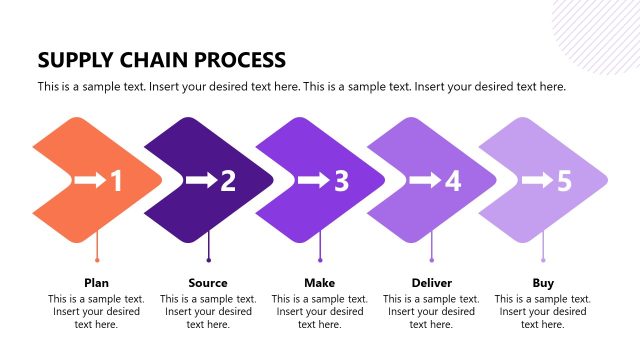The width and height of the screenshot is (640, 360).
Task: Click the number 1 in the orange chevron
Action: pos(116,181)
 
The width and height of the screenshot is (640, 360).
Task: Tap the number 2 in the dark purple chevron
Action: pos(228,181)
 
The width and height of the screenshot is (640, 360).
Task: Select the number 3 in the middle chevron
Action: pos(341,181)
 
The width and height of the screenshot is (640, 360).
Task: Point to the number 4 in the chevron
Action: pos(452,181)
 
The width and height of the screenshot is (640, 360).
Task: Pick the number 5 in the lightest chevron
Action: pos(564,181)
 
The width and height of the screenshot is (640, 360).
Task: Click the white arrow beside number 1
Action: pos(89,181)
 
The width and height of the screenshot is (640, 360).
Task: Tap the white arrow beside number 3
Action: pos(314,181)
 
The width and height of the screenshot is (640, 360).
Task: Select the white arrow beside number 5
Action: pos(537,181)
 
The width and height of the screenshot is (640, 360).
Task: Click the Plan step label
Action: pos(97,283)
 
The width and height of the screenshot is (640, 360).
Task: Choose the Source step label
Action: pos(208,283)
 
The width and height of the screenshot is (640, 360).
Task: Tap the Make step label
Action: pos(320,283)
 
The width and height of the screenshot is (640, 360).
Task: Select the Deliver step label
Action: pos(431,283)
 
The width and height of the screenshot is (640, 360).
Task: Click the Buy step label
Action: pos(543,283)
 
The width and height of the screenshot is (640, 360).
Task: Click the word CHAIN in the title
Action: pos(154,60)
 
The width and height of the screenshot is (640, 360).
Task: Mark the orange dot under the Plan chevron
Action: pos(97,261)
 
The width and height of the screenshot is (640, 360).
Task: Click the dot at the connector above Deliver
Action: pos(432,261)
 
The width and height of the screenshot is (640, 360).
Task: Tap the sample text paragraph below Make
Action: pos(320,311)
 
